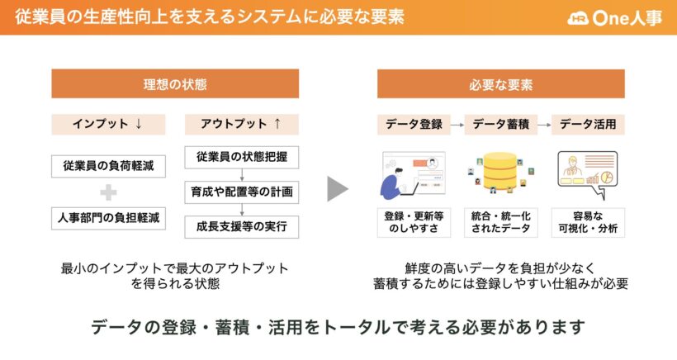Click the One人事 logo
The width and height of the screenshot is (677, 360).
pos(615,17)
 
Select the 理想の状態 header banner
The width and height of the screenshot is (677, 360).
pos(175,83)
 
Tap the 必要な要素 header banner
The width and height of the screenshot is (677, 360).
pos(501,83)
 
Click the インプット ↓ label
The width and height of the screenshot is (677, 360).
pos(108,125)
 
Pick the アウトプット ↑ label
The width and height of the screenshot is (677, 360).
pos(242,125)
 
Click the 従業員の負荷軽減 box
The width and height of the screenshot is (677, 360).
pos(108,166)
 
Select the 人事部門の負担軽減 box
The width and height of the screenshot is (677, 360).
pos(108,218)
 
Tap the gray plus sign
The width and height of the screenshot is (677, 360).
pos(108,192)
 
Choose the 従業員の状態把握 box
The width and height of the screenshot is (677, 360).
pos(242,157)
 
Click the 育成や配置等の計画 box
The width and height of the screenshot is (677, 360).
pos(242,192)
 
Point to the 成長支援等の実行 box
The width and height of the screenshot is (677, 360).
pos(242,226)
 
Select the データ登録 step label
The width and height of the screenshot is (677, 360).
pos(414,125)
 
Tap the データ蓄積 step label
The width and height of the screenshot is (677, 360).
pos(501,125)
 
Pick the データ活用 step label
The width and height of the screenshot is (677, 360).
pos(588,125)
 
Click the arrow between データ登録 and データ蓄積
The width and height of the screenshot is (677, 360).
pos(457,126)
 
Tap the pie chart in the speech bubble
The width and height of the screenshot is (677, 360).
pos(608,178)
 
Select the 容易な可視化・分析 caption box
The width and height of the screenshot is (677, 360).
pos(588,222)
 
